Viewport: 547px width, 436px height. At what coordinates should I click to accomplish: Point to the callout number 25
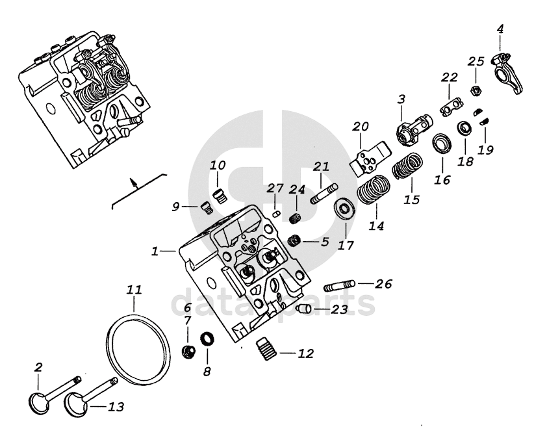click(x=476, y=61)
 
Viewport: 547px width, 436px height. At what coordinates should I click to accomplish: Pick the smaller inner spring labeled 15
click(x=406, y=165)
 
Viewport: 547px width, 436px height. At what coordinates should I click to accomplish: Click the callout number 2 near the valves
click(x=38, y=368)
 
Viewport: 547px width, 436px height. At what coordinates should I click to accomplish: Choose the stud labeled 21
click(x=323, y=194)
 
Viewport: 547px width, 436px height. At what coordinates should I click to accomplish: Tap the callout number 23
click(x=339, y=310)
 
